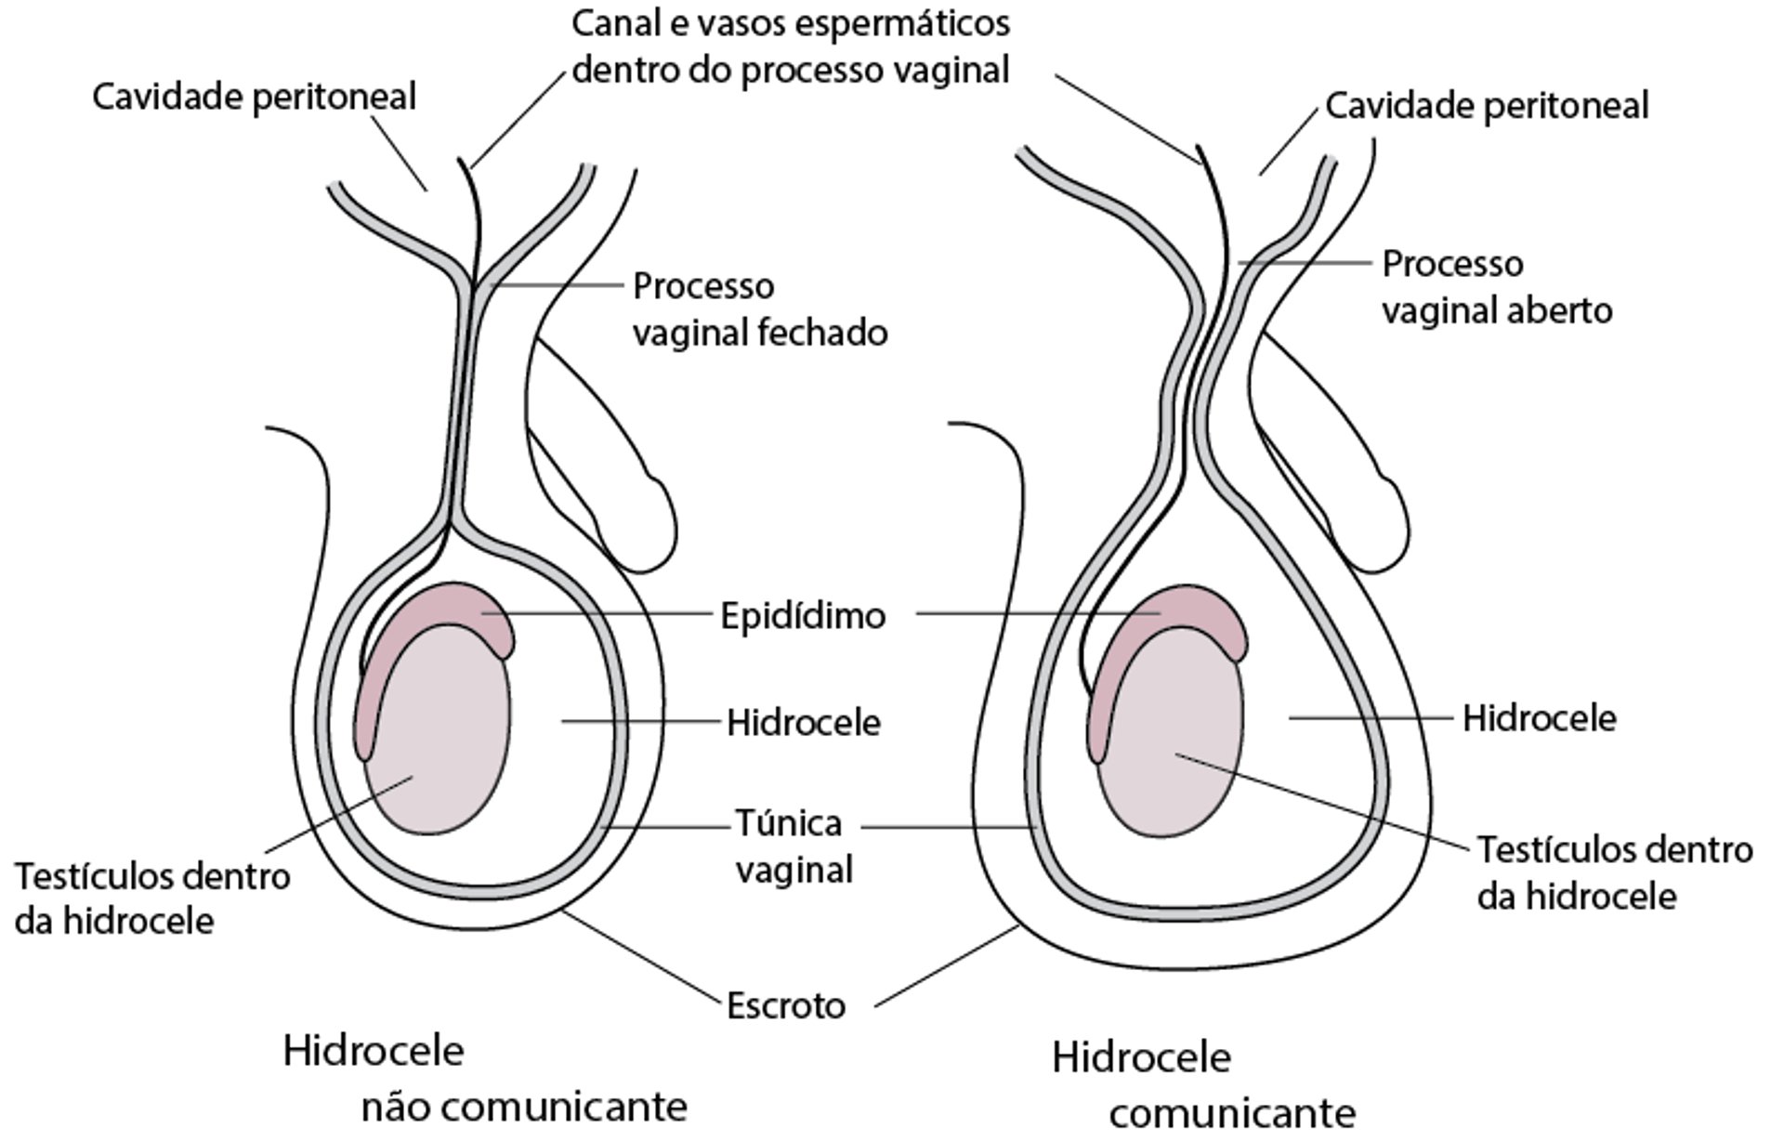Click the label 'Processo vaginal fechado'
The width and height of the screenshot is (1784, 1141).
click(x=759, y=309)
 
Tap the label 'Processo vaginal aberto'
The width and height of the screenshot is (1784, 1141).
click(x=1496, y=287)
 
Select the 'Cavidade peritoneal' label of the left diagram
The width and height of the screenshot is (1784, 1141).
click(x=254, y=97)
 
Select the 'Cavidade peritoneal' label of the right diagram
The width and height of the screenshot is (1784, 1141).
click(x=1486, y=106)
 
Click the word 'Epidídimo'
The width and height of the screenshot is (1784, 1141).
click(x=803, y=616)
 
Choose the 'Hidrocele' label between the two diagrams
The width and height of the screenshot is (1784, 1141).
click(x=803, y=723)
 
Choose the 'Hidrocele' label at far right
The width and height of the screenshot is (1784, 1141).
click(x=1539, y=718)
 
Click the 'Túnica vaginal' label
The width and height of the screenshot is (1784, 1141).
click(x=793, y=846)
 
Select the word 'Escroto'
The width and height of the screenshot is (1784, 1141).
click(x=785, y=1005)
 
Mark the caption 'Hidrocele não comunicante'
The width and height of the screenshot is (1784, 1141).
click(x=483, y=1078)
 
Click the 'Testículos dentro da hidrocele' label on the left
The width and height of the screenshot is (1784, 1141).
click(x=151, y=898)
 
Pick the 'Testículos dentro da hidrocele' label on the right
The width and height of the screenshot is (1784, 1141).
click(x=1614, y=872)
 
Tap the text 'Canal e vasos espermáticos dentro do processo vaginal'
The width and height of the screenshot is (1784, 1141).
click(x=790, y=46)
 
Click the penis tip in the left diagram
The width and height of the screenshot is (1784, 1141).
click(x=655, y=525)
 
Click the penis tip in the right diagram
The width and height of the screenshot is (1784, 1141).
click(x=1384, y=525)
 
